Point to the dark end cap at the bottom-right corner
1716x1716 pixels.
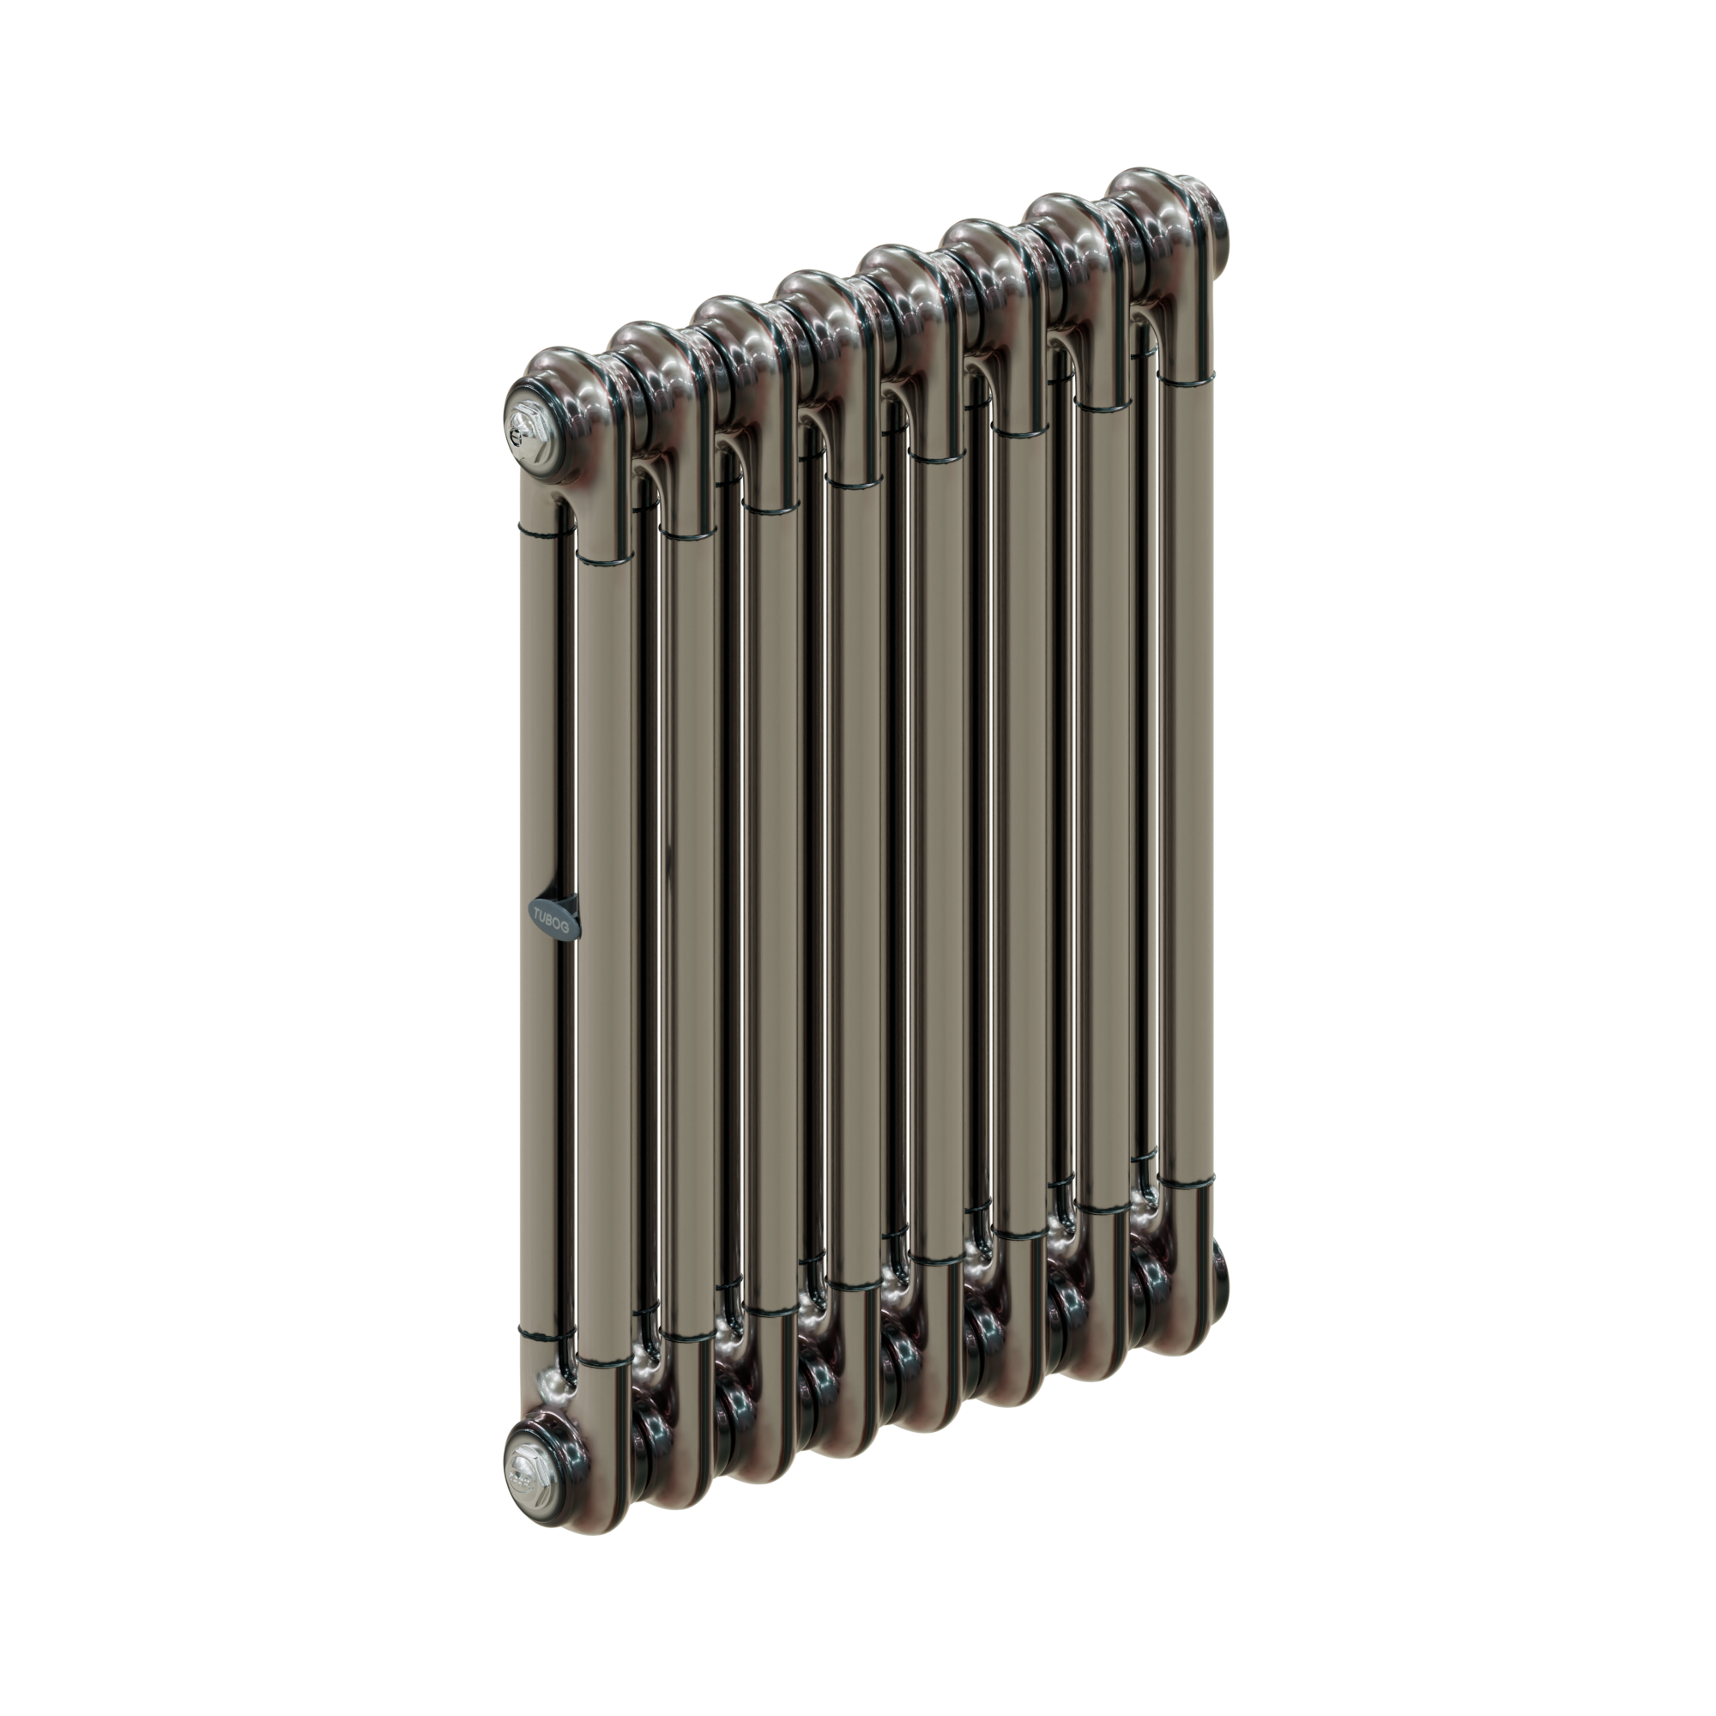1215,1271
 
